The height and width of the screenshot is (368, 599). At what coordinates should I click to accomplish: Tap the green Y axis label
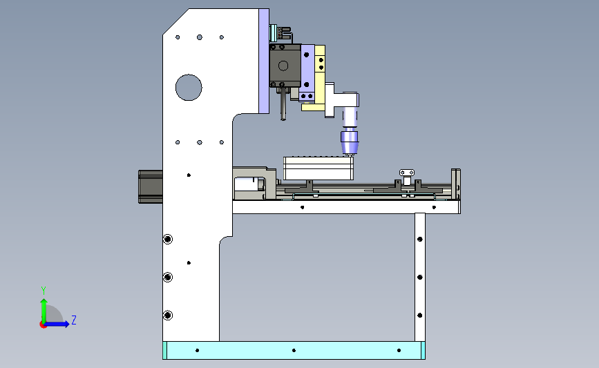click(44, 291)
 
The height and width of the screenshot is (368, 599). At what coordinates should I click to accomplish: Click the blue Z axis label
click(74, 320)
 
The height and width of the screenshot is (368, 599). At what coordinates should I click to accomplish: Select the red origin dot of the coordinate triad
click(43, 325)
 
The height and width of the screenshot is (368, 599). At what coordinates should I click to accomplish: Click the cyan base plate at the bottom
click(294, 351)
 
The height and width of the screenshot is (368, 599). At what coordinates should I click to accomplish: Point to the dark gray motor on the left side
click(151, 186)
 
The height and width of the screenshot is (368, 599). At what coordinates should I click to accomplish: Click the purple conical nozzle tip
click(350, 143)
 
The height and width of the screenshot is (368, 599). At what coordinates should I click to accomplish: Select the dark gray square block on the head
click(285, 66)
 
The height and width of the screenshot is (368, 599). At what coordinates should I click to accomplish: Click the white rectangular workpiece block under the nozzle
click(318, 168)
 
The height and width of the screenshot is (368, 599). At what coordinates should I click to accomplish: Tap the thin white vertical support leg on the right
click(420, 277)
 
